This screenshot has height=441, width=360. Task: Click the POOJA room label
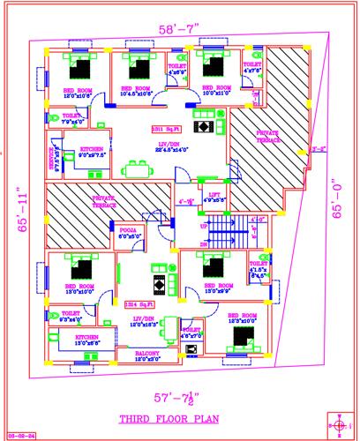[x=130, y=233]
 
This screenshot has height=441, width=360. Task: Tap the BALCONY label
[x=147, y=355]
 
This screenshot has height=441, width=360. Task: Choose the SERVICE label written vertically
[x=53, y=157]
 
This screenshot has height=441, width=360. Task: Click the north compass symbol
[x=341, y=422]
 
